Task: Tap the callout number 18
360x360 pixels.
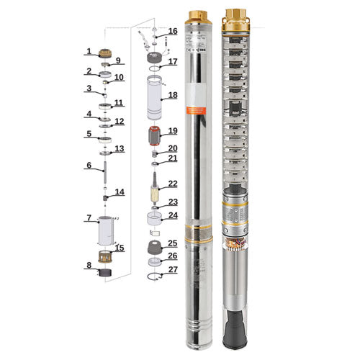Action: coord(172,94)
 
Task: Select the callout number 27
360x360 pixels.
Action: coord(172,270)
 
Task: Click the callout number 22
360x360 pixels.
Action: coord(172,184)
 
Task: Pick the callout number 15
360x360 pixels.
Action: coord(120,248)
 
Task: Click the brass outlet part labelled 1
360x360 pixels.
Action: coord(105,52)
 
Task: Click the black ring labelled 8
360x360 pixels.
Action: coord(106,272)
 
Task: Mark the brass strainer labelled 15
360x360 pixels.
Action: coord(106,255)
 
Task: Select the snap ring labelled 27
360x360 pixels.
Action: coord(153,277)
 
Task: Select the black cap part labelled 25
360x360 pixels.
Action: coord(153,248)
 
